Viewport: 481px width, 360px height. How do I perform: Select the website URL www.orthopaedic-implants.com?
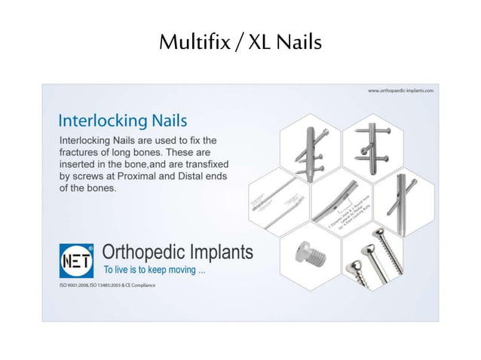pyautogui.click(x=400, y=90)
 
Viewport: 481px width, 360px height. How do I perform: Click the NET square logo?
pyautogui.click(x=76, y=261)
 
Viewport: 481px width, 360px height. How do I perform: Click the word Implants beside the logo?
pyautogui.click(x=219, y=252)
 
